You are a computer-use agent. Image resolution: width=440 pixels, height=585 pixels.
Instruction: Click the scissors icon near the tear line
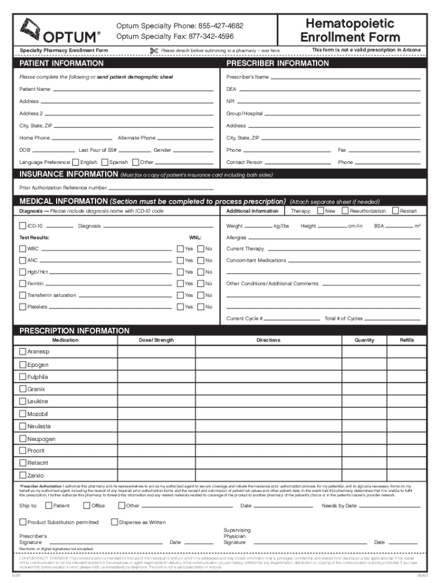(153, 51)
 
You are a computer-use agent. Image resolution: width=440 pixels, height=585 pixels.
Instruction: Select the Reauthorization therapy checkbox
(345, 211)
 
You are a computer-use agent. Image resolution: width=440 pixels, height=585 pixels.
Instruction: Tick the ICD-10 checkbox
(23, 226)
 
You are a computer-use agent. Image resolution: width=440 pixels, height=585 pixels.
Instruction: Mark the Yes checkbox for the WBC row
(180, 249)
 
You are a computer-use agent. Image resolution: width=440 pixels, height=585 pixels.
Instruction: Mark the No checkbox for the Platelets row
(201, 307)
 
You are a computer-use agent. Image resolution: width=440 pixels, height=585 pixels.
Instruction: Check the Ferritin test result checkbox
(23, 284)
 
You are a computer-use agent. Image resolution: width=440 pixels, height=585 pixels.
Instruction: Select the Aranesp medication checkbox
(23, 352)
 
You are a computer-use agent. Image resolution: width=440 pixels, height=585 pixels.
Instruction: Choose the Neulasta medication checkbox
(23, 426)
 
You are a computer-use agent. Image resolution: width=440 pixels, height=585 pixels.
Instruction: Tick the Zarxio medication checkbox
(23, 475)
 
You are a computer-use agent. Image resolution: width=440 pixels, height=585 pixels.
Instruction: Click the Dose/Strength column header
(156, 340)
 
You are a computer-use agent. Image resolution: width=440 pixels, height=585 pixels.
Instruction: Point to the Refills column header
(407, 340)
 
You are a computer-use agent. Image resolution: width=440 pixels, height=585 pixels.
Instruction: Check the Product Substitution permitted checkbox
(23, 522)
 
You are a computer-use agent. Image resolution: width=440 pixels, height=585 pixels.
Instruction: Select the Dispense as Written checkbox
(114, 522)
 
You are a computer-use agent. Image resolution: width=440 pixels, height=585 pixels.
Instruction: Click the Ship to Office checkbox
(87, 506)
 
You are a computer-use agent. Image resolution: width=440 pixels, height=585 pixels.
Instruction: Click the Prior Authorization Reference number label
(63, 187)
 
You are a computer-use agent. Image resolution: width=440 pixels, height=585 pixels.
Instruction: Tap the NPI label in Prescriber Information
(230, 102)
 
